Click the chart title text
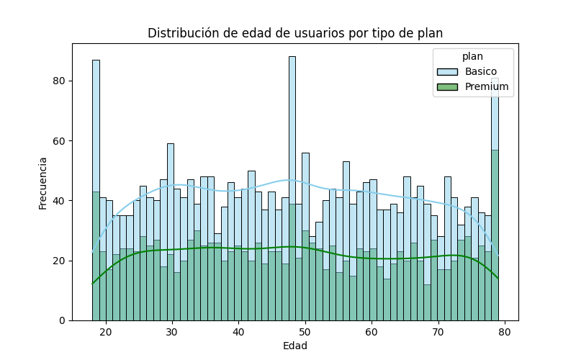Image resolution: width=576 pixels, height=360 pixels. click(x=295, y=33)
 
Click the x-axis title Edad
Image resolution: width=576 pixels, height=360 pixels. click(x=295, y=346)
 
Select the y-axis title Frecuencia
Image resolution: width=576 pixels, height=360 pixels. click(x=43, y=183)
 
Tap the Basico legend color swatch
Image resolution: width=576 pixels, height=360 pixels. click(x=448, y=71)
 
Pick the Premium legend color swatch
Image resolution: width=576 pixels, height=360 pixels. click(x=448, y=87)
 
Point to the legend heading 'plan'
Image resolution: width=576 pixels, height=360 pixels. click(x=472, y=56)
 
